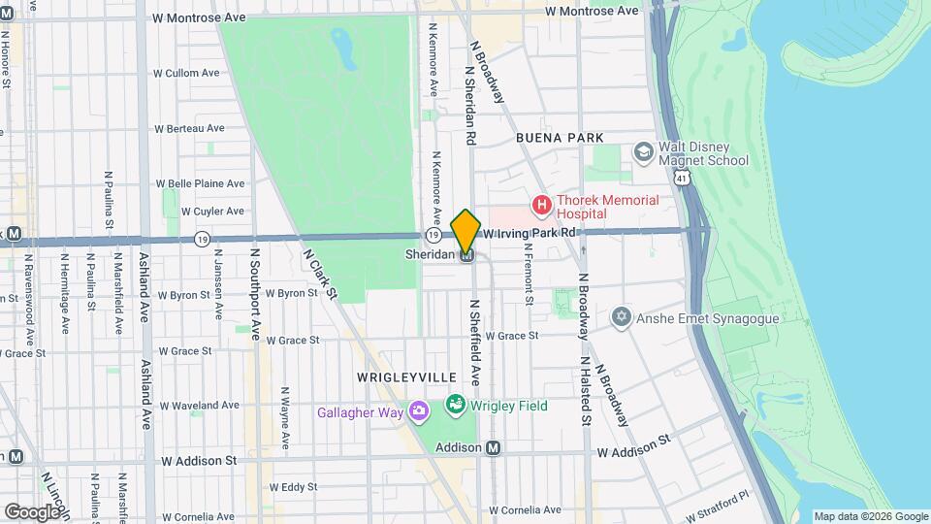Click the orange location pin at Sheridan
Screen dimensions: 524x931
click(x=466, y=230)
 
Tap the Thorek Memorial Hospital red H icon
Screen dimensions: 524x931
click(x=541, y=206)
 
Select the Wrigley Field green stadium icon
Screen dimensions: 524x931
click(x=455, y=404)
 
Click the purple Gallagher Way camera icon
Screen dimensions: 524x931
click(x=418, y=412)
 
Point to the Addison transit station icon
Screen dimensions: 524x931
click(x=494, y=448)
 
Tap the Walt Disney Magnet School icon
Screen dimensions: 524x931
click(x=642, y=151)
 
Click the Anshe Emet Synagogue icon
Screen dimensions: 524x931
click(x=622, y=317)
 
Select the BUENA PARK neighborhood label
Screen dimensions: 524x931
click(x=561, y=139)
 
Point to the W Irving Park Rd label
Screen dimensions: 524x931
click(x=530, y=233)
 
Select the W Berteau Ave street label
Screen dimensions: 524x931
click(x=189, y=128)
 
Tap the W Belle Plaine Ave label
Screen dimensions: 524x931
click(x=201, y=183)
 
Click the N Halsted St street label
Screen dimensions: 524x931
click(x=586, y=391)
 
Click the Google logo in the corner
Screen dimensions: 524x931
click(x=31, y=511)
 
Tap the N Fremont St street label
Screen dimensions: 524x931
click(x=529, y=274)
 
